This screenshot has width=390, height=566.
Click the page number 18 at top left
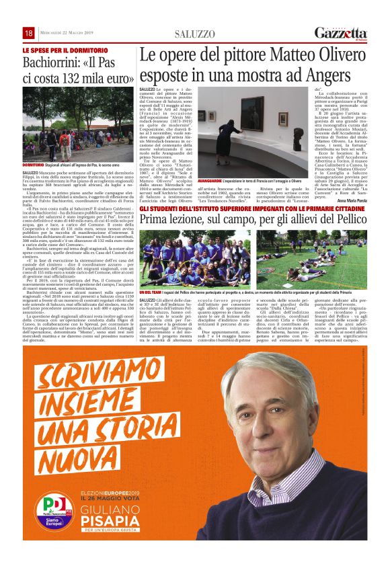[29, 33]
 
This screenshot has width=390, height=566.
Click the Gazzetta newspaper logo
[340, 33]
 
